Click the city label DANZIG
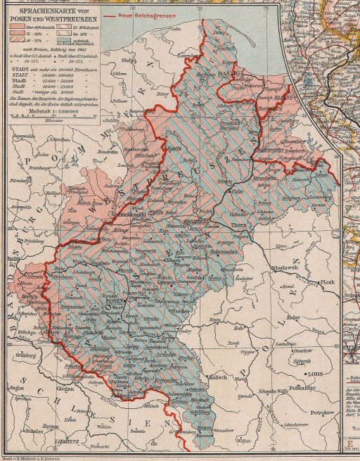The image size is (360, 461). [231, 72]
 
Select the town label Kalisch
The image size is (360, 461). [219, 378]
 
